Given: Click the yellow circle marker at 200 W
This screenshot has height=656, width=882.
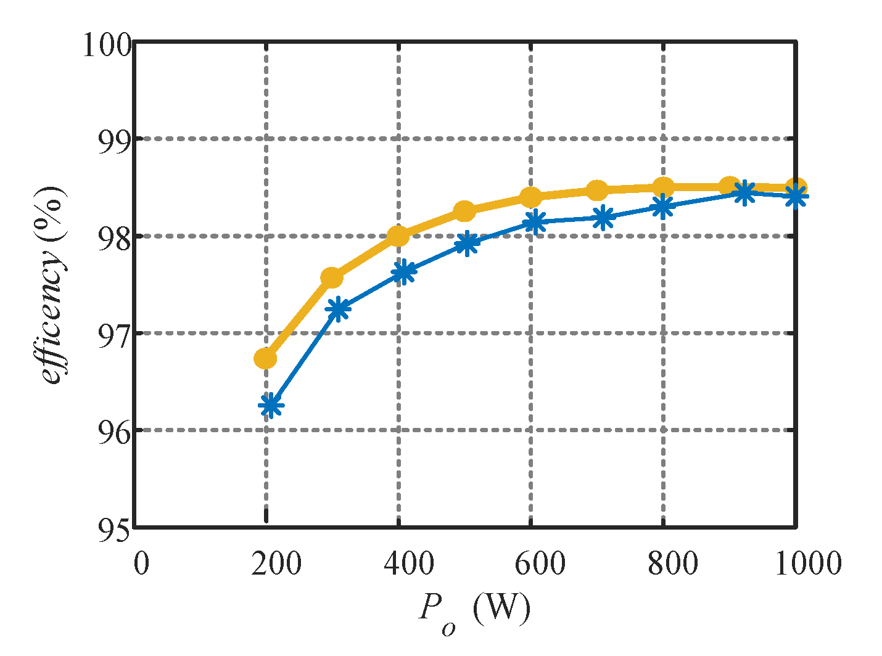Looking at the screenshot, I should [x=265, y=358].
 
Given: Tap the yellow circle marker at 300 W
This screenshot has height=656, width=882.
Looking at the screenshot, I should [x=331, y=277].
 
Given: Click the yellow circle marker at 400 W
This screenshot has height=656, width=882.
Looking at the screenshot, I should [x=398, y=236].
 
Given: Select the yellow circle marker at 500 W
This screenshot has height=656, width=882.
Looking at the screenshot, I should [x=464, y=211].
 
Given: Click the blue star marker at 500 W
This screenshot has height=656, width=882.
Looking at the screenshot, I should [x=468, y=243].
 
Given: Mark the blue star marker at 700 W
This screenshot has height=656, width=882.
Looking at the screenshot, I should [x=603, y=217].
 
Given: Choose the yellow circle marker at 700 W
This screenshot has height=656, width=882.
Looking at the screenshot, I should [x=596, y=191].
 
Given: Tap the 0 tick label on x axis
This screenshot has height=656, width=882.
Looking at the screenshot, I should [x=141, y=564].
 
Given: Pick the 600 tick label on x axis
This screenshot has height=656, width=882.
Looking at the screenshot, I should [x=530, y=564].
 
